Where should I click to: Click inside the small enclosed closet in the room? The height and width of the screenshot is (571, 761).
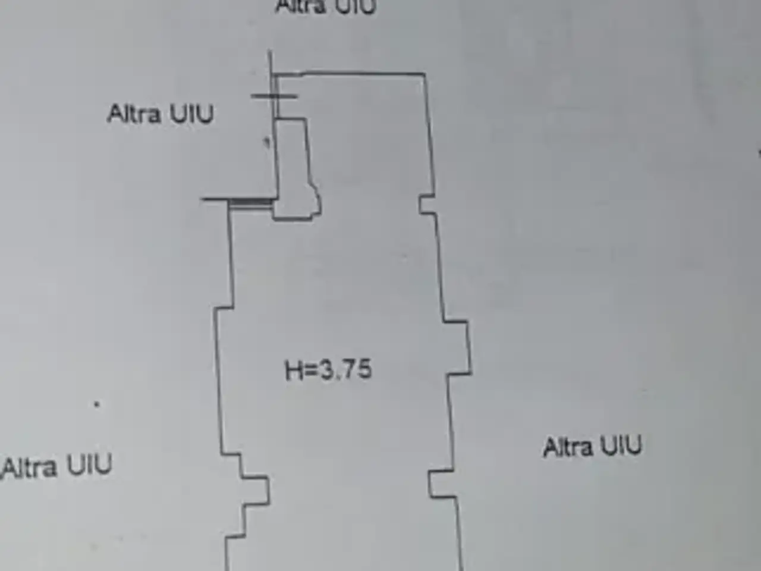tap(295, 170)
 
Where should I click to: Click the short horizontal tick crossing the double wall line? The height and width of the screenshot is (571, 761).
tap(274, 96)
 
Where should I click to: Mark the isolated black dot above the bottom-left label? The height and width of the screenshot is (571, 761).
tap(97, 404)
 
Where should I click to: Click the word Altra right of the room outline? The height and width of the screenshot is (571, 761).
tap(568, 447)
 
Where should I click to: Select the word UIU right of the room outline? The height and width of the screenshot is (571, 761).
tap(621, 446)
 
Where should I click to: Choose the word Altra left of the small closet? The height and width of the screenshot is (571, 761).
tap(134, 114)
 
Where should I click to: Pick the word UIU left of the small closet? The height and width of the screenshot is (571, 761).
tap(191, 114)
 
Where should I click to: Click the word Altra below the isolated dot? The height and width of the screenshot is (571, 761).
tap(30, 468)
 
